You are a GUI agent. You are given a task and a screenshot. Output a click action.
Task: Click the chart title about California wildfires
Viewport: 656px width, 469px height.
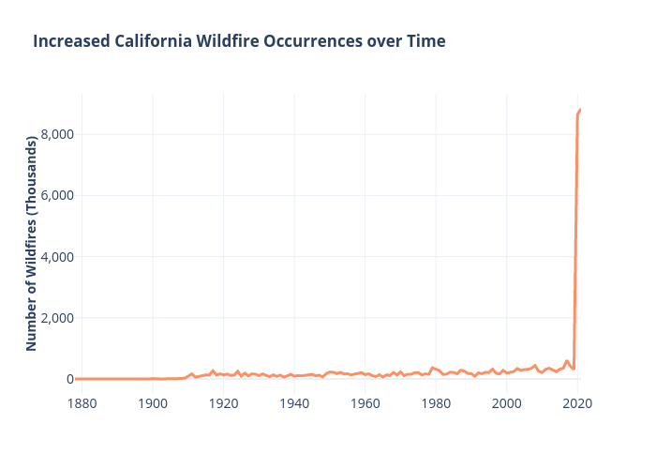click(x=239, y=41)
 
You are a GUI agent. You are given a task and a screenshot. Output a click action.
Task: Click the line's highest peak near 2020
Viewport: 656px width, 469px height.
click(x=581, y=110)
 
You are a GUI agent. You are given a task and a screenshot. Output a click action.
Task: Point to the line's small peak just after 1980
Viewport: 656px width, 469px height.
click(x=432, y=368)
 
